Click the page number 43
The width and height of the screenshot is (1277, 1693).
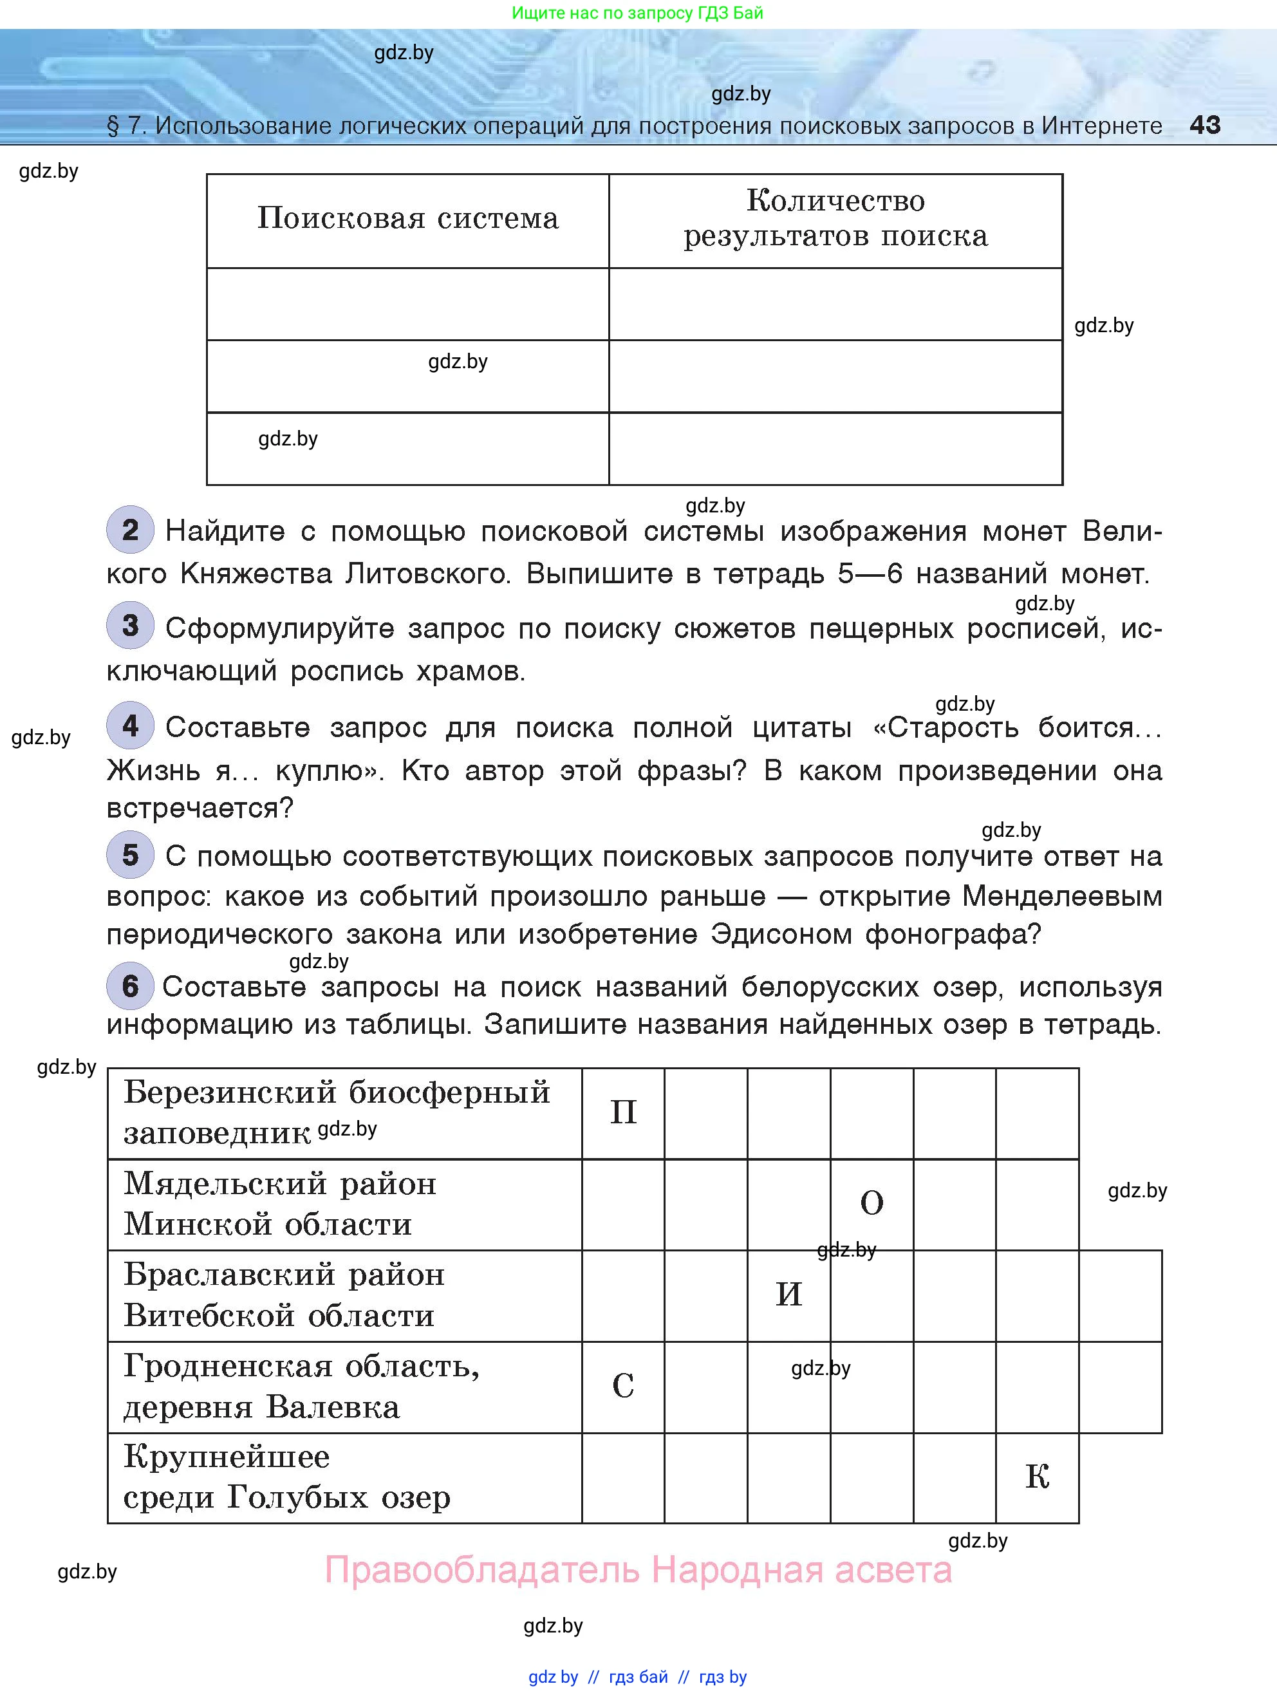coord(1204,125)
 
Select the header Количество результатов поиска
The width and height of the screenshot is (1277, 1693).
coord(835,218)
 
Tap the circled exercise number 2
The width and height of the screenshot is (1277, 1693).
coord(130,530)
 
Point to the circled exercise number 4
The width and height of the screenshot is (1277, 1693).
coord(130,725)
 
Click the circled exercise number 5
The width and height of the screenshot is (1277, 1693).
coord(130,854)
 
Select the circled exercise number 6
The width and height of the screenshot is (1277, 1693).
coord(130,985)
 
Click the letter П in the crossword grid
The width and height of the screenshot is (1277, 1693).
coord(623,1112)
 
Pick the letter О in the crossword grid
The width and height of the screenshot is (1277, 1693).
coord(872,1203)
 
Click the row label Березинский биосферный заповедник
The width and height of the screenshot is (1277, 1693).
coord(337,1112)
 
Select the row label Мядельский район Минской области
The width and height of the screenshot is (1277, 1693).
coord(279,1203)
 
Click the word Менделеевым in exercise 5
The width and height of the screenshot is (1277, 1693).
coord(1062,895)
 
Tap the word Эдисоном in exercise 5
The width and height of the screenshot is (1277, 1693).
coord(781,934)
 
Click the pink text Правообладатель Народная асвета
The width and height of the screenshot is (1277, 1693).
coord(638,1570)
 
